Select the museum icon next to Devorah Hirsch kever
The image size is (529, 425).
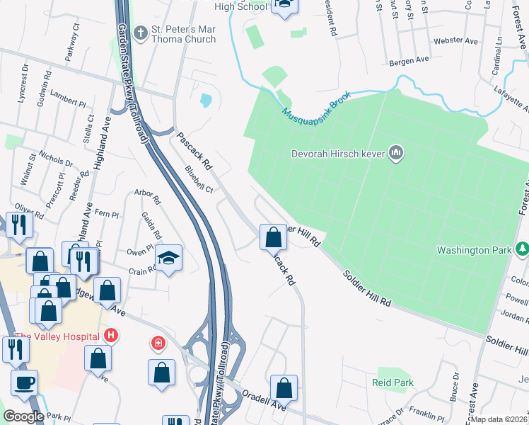coord(396,153)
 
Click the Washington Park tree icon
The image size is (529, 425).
coord(522,249)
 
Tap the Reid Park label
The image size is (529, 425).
coord(393,382)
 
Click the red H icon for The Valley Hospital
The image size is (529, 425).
coord(111,335)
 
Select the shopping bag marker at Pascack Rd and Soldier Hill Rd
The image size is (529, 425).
coord(273,237)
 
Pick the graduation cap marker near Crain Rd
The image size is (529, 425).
coord(169,259)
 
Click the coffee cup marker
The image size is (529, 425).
coord(25,383)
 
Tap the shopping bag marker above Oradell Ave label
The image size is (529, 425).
coord(284,388)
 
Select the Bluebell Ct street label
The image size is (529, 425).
coord(199,179)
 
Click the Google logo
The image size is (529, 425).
coord(23,416)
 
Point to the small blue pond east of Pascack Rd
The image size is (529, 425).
coord(205,101)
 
